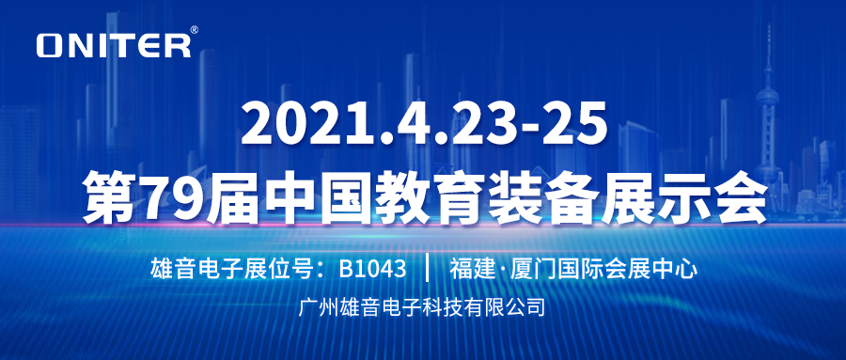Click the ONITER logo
[x=114, y=45]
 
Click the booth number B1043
[x=372, y=268]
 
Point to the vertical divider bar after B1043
[x=428, y=269]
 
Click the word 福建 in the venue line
[x=471, y=269]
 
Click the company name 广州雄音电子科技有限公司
[x=422, y=306]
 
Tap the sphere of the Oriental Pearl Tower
[x=767, y=98]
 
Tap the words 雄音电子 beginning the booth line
[x=194, y=269]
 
